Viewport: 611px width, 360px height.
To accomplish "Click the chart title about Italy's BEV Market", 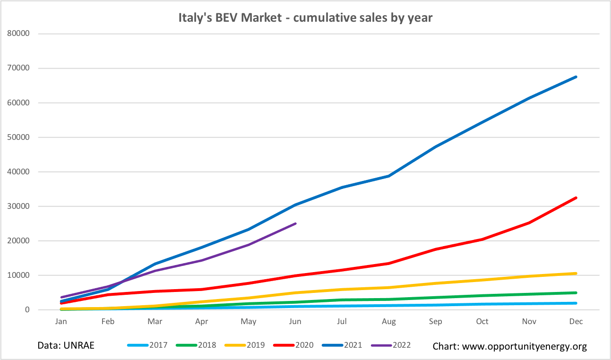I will point(305,18).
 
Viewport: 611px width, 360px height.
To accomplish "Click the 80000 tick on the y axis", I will point(19,34).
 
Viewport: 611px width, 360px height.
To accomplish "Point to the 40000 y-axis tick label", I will point(19,172).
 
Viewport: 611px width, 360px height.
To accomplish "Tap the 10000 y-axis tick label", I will point(19,275).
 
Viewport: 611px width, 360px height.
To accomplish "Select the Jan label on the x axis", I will point(61,322).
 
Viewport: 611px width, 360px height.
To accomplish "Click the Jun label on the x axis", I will point(295,322).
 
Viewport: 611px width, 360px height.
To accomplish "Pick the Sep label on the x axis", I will point(435,322).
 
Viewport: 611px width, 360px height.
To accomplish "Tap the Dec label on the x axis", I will point(576,322).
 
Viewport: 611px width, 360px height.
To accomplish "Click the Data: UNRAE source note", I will point(66,345).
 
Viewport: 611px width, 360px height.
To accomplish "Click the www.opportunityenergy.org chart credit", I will point(509,346).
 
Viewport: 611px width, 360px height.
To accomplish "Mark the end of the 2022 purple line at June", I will point(295,223).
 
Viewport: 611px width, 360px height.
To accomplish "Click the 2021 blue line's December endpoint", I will point(576,77).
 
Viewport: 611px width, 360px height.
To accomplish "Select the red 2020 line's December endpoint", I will point(576,198).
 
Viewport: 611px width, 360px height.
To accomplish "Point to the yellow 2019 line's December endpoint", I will point(576,273).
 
